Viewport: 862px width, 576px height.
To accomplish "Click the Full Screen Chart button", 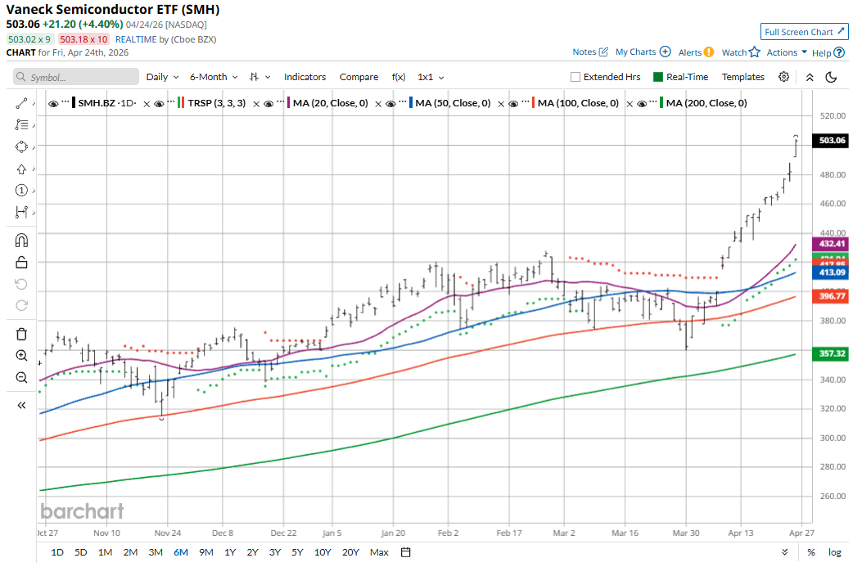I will (x=804, y=32).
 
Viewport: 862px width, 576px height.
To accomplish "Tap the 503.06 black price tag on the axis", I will (x=831, y=141).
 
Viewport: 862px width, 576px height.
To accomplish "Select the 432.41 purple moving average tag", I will (x=831, y=244).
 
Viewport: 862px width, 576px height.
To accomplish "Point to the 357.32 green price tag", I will (x=831, y=353).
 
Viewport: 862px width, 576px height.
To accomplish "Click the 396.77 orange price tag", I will (x=831, y=295).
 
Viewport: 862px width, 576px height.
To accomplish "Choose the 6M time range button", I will (x=181, y=552).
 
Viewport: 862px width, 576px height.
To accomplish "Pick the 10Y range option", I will (x=323, y=552).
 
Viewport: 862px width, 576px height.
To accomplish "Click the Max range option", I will (x=379, y=552).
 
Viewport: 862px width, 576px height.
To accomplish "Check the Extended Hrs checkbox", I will (x=576, y=77).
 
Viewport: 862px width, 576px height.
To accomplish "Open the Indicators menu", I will (x=305, y=77).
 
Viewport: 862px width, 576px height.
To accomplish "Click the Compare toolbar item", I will (x=359, y=77).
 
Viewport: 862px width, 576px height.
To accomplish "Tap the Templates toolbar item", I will (x=742, y=77).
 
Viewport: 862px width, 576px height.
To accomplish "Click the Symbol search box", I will (x=77, y=77).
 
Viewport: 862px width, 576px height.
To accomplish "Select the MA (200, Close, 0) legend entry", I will (x=706, y=104).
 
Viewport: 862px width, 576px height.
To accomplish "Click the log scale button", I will (x=834, y=552).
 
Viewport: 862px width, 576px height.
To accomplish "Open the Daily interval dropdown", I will (x=162, y=77).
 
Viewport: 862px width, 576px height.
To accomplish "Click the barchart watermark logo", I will (x=83, y=511).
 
